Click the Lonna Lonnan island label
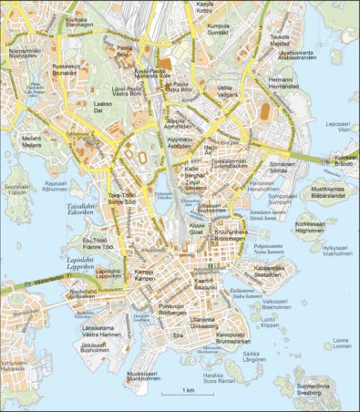coord(342,343)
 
